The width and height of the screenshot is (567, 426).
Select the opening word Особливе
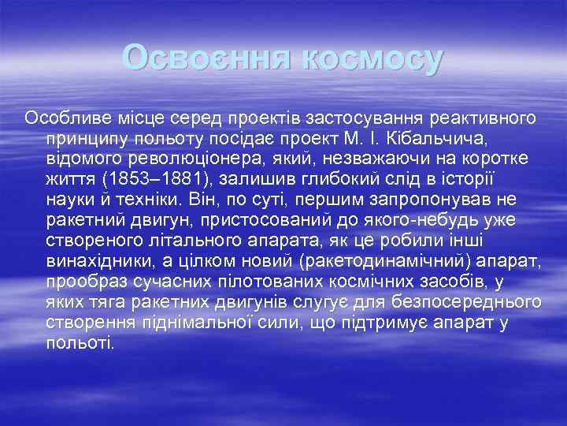point(65,118)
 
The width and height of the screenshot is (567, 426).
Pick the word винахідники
point(104,260)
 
